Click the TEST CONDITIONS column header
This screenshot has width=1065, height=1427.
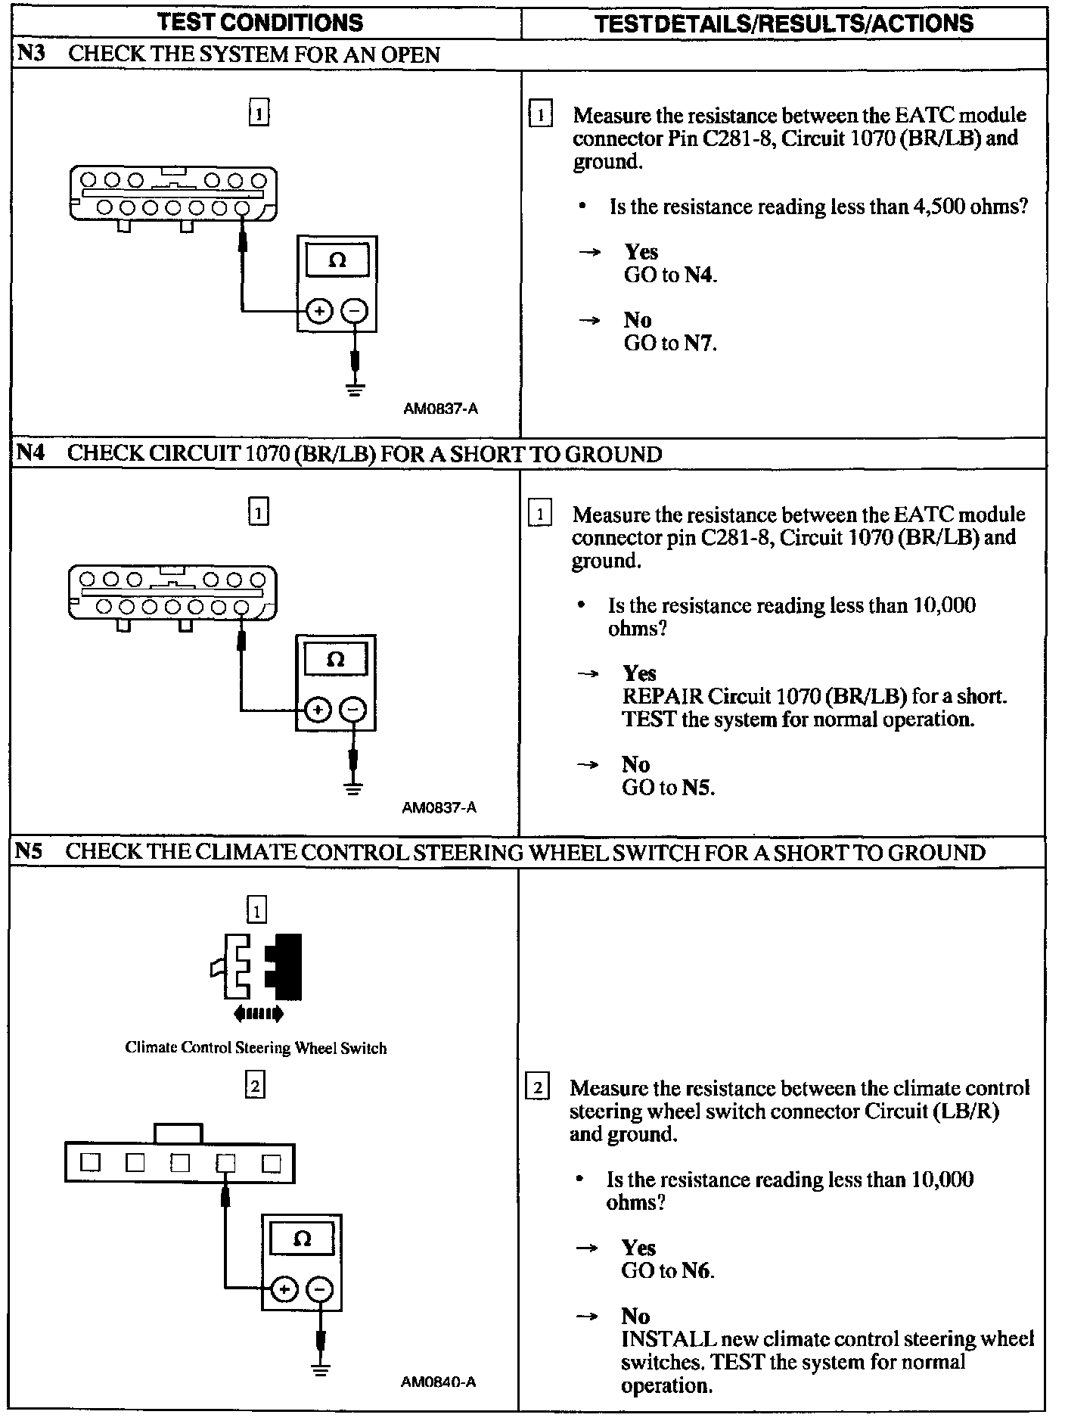[261, 22]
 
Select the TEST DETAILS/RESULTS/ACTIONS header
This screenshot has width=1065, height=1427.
[784, 23]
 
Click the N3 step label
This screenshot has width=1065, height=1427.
[31, 54]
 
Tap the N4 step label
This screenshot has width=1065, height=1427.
[30, 453]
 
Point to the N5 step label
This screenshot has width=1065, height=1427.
[29, 852]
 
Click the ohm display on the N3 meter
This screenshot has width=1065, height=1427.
[337, 260]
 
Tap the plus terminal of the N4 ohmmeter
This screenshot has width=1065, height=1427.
[318, 710]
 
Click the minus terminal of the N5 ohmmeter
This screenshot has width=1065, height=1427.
[320, 1289]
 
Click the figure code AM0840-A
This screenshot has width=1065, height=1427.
[439, 1382]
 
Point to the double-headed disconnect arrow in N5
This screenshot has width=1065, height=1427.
[259, 1013]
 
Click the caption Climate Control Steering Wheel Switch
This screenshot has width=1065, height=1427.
[256, 1048]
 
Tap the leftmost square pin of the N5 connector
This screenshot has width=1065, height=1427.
[90, 1161]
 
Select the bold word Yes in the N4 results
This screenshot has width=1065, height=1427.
[639, 673]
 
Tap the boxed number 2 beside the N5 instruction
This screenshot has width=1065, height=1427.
[537, 1089]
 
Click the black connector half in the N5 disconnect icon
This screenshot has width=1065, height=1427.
[286, 965]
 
